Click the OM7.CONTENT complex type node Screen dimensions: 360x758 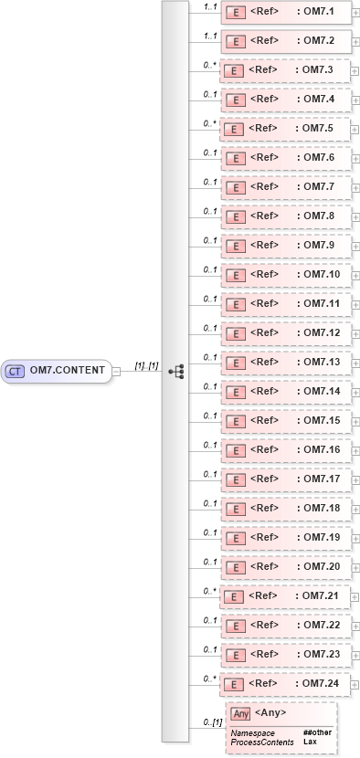[x=57, y=371]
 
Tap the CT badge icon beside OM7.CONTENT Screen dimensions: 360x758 [x=16, y=371]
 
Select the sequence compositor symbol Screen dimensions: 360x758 [x=176, y=371]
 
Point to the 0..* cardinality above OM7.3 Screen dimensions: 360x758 [x=210, y=65]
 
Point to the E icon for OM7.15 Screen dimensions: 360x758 [x=235, y=423]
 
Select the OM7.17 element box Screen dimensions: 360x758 [x=286, y=481]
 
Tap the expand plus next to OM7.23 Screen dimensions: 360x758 [x=355, y=657]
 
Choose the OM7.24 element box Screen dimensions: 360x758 [x=286, y=684]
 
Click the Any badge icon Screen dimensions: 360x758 [x=240, y=713]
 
